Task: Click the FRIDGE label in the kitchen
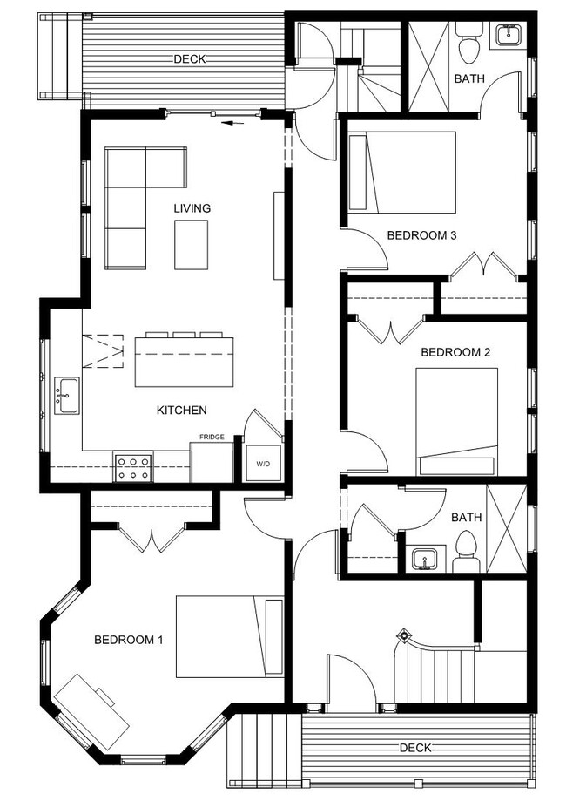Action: coord(212,437)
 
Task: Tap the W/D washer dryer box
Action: coord(262,463)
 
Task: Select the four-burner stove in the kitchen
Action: coord(133,467)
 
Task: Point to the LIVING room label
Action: coord(192,208)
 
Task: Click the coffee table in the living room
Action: coord(192,245)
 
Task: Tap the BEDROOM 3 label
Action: coord(422,235)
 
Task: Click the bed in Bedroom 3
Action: coord(402,172)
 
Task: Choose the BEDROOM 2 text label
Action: coord(455,352)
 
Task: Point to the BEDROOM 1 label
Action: coord(129,640)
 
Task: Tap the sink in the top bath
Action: coord(508,36)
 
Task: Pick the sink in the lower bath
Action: coord(425,559)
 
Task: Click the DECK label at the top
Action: coord(189,59)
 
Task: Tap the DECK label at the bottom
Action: coord(415,748)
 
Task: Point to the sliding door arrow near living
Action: coord(231,123)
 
